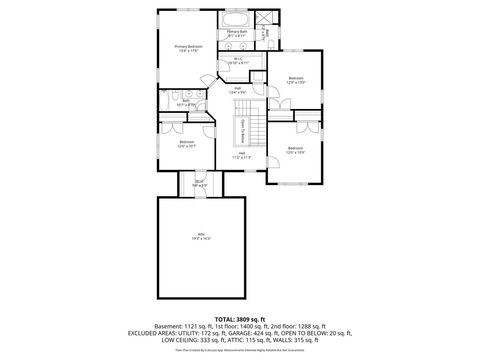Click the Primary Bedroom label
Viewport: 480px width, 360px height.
tap(188, 46)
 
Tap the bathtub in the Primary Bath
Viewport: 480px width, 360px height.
tap(236, 19)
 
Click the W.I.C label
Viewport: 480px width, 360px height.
tap(238, 59)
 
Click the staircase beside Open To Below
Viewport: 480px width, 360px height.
tap(255, 127)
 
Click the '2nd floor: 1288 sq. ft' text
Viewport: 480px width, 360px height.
tap(306, 325)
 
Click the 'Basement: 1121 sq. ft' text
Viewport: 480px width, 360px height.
tap(176, 325)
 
